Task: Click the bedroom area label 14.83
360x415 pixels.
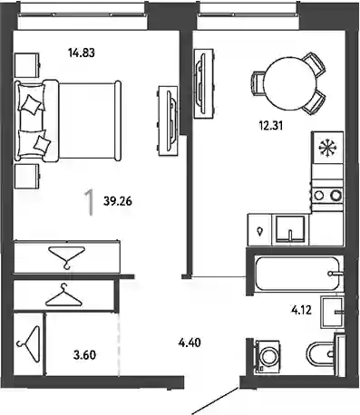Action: (x=82, y=53)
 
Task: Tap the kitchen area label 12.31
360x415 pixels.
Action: (x=271, y=125)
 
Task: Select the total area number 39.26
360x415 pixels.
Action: (x=118, y=201)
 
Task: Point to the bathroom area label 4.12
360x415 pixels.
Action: (x=301, y=310)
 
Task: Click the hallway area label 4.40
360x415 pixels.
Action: (x=190, y=343)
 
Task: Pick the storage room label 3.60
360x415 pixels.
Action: (x=84, y=355)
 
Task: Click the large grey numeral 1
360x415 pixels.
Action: (x=89, y=203)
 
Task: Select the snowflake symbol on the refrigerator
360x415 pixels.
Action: (x=328, y=148)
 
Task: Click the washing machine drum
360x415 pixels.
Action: (x=268, y=357)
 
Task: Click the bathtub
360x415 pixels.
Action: (x=297, y=274)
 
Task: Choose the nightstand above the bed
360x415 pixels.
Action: (x=27, y=65)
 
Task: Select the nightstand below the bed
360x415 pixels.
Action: (x=27, y=177)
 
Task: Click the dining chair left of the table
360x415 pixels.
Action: (x=258, y=83)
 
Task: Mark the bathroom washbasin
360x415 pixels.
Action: (x=333, y=313)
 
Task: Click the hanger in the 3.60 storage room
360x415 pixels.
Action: (x=29, y=343)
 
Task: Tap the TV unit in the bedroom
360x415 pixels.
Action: (x=168, y=121)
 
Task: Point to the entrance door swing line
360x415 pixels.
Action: (x=216, y=401)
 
